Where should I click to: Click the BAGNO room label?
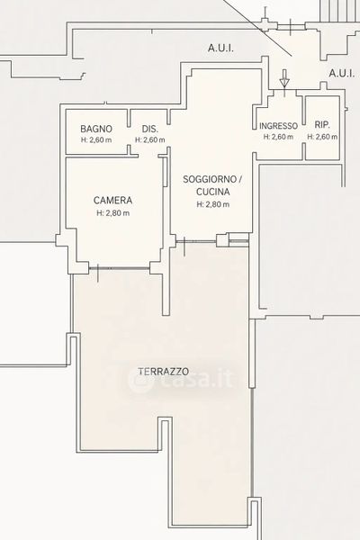96,129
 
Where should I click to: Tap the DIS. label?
150,129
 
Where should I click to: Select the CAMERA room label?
113,200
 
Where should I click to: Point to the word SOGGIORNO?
210,179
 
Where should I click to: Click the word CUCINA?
213,192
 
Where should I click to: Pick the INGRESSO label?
278,126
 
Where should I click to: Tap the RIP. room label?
322,125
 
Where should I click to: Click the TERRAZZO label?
164,372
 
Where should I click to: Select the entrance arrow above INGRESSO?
284,78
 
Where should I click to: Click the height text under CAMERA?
113,213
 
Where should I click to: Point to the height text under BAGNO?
96,140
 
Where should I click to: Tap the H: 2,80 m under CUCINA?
213,204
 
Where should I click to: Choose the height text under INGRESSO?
278,137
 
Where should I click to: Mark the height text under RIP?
322,137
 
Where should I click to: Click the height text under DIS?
150,140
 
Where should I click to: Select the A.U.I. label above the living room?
220,49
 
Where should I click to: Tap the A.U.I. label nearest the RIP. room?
342,73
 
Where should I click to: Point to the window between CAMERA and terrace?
119,267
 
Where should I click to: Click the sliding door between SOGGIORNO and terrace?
196,242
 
